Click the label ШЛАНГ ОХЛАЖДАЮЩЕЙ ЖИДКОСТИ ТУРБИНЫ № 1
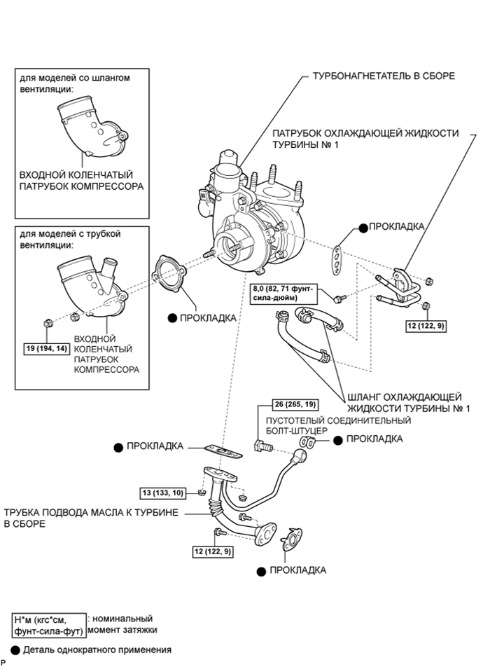409,402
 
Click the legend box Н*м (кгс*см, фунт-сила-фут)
48,624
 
